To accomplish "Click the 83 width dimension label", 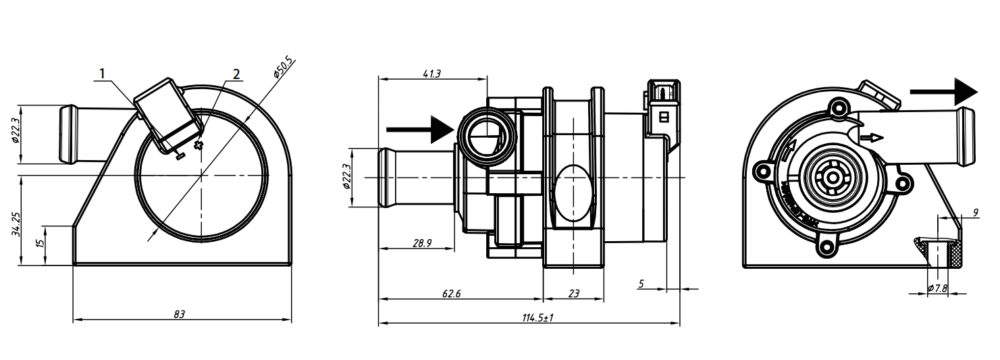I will [179, 314].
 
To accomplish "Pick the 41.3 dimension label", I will [432, 73].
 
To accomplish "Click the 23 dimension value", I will [573, 294].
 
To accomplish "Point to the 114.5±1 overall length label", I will [537, 318].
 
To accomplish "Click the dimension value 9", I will [975, 213].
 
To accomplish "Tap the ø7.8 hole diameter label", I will [938, 288].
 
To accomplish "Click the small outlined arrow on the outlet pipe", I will [872, 137].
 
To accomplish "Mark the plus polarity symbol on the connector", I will [198, 146].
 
